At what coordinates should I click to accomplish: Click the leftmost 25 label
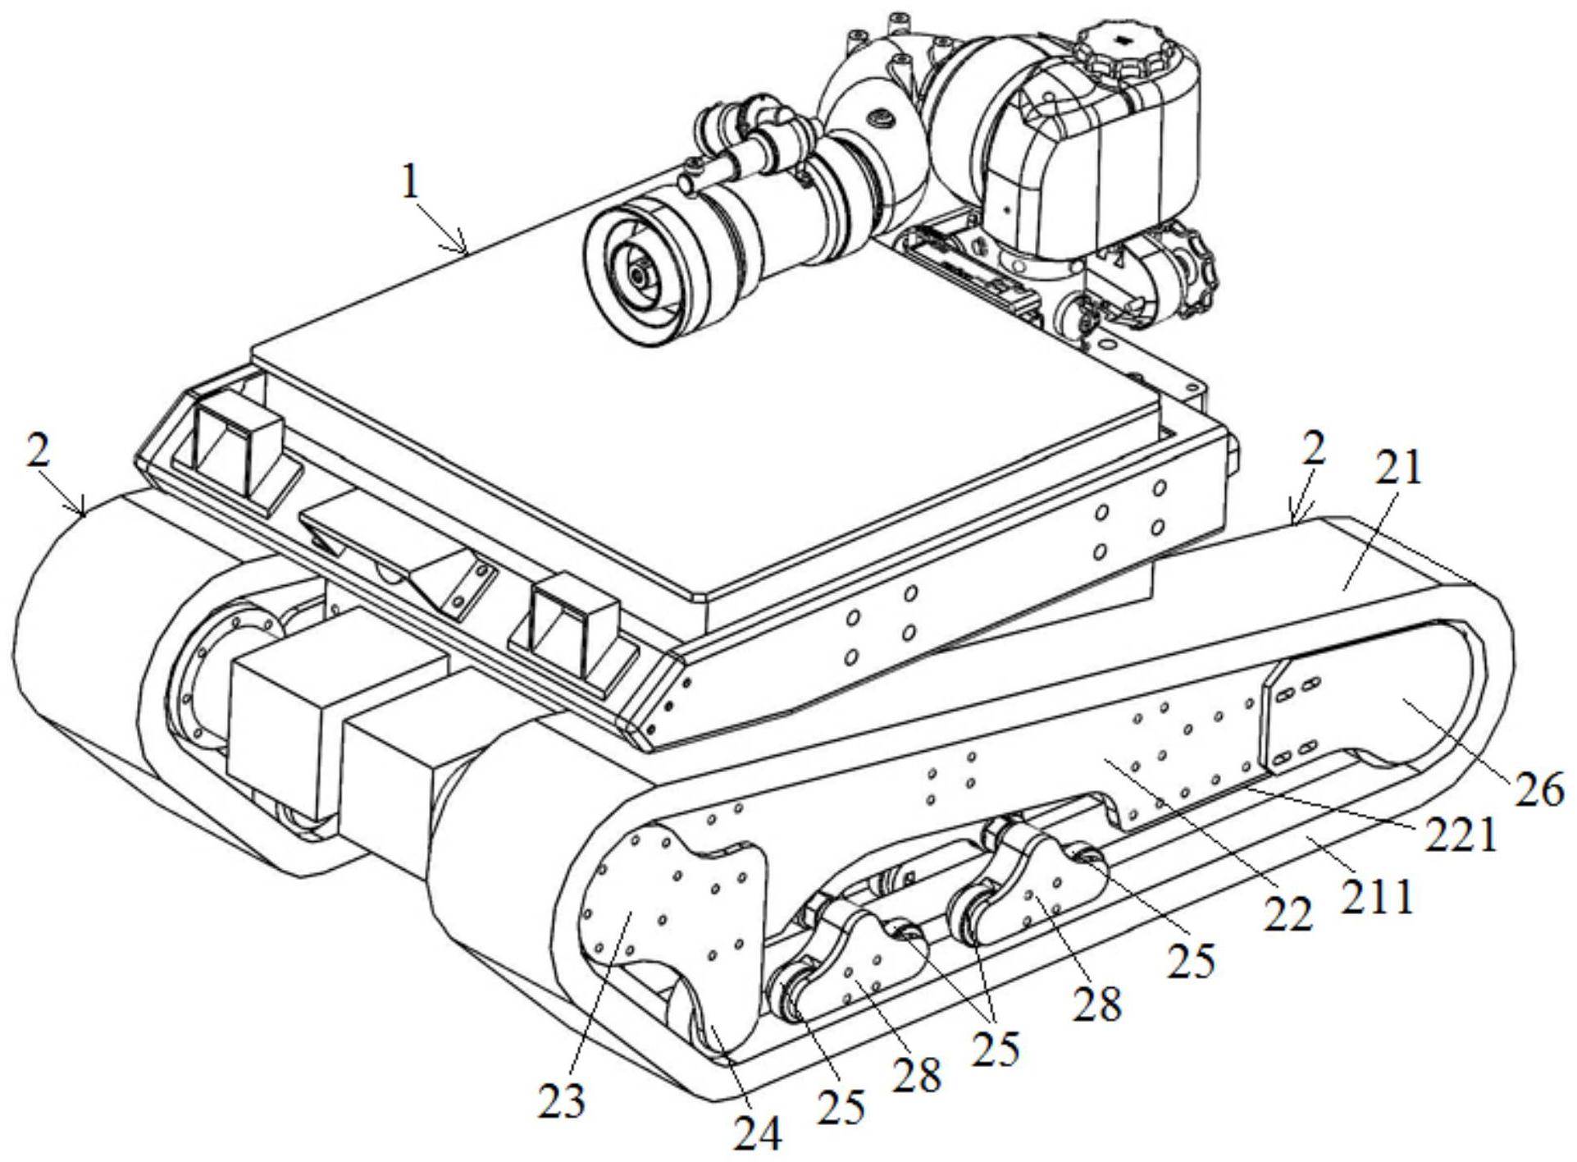841,1108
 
